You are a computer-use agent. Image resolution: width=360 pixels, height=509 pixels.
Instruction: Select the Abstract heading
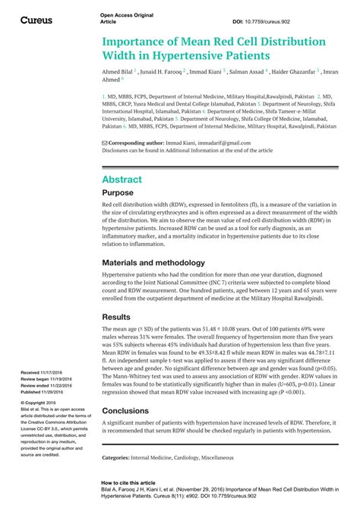122,179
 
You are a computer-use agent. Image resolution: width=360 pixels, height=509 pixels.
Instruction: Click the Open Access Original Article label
125,18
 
